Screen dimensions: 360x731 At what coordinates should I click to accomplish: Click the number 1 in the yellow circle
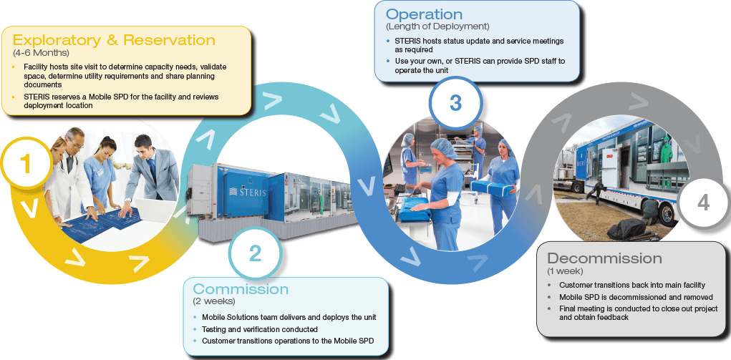26,165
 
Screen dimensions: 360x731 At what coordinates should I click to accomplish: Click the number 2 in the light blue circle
256,253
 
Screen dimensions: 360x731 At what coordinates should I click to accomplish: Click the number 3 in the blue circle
455,102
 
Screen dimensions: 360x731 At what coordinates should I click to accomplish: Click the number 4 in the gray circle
703,203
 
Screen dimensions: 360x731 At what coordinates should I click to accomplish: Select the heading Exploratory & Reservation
114,40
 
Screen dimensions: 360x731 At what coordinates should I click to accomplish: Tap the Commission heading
241,290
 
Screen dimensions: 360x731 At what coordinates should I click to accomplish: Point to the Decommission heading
604,258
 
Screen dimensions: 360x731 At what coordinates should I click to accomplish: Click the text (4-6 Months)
41,54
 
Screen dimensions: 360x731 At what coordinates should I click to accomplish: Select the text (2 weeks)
213,302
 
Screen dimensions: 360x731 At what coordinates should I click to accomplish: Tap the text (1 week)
566,271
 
